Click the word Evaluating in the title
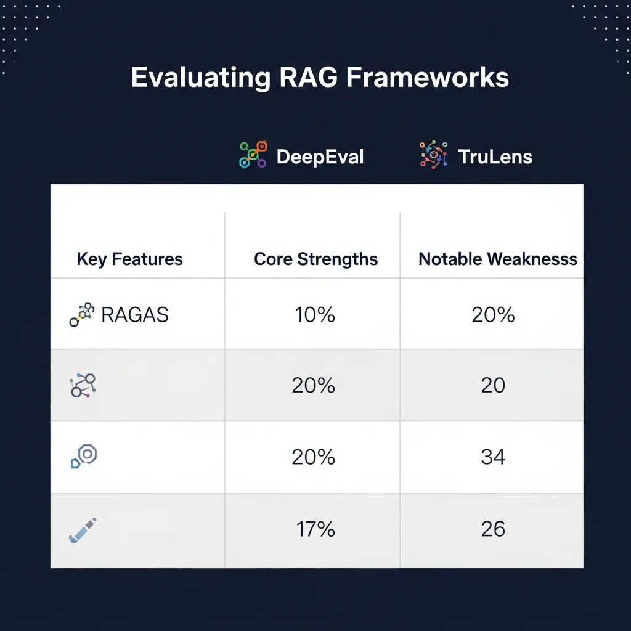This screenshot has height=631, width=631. coord(200,79)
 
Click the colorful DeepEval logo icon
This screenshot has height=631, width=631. coord(253,155)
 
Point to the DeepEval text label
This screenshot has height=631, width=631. coord(320,157)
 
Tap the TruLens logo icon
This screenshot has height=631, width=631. coord(434,155)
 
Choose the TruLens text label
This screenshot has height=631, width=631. coord(495,157)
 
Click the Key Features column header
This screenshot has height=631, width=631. coord(129,259)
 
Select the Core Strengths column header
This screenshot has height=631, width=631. coord(315,259)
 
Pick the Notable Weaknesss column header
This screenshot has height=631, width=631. coord(498,259)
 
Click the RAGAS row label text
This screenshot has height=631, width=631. coord(134,315)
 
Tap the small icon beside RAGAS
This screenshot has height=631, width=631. coord(82,314)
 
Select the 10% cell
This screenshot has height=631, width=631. coord(314,315)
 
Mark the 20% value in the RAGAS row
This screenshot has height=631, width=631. coord(493,315)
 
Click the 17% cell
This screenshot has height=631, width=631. coord(315,529)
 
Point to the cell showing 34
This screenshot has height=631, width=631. coord(493,457)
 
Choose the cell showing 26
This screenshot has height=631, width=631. coord(493,529)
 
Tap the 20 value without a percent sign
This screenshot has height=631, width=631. coord(493,386)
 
